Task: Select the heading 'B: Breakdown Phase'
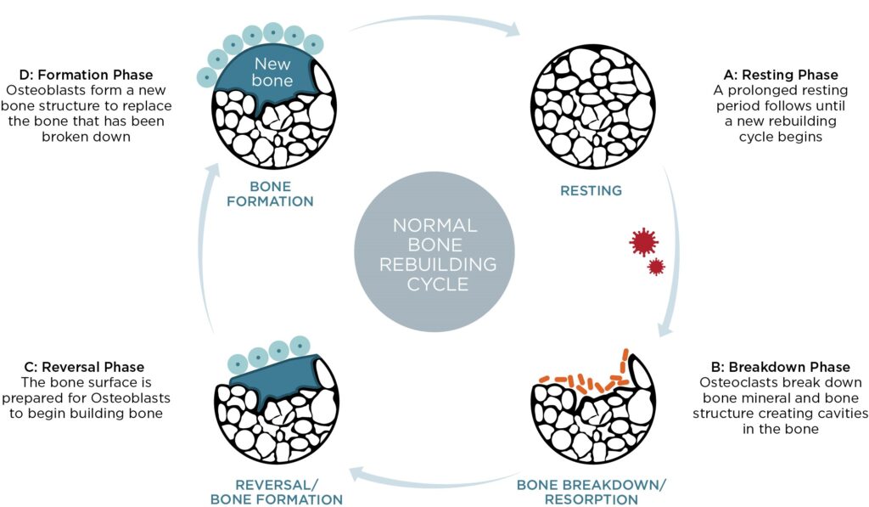(x=780, y=367)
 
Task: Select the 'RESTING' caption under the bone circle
(x=591, y=190)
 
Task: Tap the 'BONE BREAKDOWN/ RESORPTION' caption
(x=592, y=492)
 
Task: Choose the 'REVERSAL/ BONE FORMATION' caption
(x=277, y=492)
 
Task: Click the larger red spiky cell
(x=644, y=242)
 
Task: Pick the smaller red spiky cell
(x=656, y=268)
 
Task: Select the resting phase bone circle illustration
(x=592, y=105)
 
